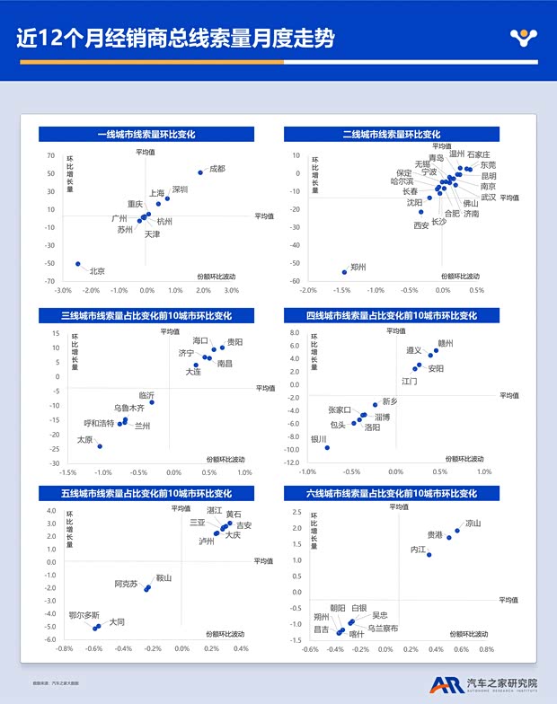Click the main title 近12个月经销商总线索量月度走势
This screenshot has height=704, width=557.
175,40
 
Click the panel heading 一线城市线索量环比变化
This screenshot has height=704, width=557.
146,135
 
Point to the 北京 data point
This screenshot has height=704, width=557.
78,264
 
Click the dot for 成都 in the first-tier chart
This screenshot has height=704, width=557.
200,172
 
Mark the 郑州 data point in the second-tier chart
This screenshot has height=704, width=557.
344,272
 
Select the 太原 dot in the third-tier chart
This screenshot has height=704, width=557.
99,446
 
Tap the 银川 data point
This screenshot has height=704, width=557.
327,447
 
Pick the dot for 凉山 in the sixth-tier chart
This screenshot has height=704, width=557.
457,531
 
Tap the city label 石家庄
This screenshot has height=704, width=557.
479,154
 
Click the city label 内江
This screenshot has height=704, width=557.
418,550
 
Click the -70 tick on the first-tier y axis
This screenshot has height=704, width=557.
51,282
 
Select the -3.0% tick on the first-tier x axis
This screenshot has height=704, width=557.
63,290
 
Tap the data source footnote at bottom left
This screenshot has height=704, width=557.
58,682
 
